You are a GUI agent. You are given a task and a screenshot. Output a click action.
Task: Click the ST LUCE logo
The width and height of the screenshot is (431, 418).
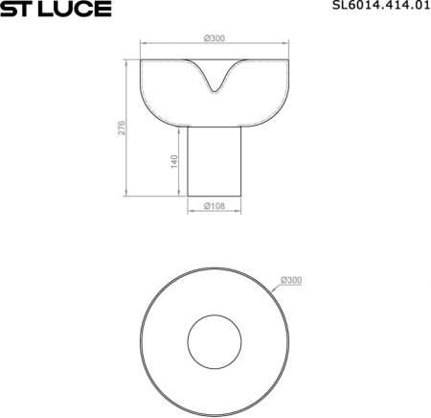point(56,9)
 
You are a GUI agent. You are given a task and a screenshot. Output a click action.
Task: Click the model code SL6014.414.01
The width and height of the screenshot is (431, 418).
point(381,5)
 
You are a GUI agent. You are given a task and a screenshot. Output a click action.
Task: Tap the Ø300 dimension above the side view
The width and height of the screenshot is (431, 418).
point(215,38)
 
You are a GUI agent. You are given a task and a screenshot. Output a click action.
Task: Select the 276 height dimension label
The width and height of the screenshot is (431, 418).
point(122,128)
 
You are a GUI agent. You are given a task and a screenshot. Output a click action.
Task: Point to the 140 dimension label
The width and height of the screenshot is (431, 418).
point(174,161)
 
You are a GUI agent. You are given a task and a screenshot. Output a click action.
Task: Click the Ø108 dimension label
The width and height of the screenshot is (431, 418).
point(215,206)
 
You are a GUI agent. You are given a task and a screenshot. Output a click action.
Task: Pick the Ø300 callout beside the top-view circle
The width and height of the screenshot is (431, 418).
point(291,280)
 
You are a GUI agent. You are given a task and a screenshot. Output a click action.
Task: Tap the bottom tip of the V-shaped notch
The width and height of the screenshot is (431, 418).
point(215,93)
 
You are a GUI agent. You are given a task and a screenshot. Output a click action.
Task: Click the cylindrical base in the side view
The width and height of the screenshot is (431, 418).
point(215,161)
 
